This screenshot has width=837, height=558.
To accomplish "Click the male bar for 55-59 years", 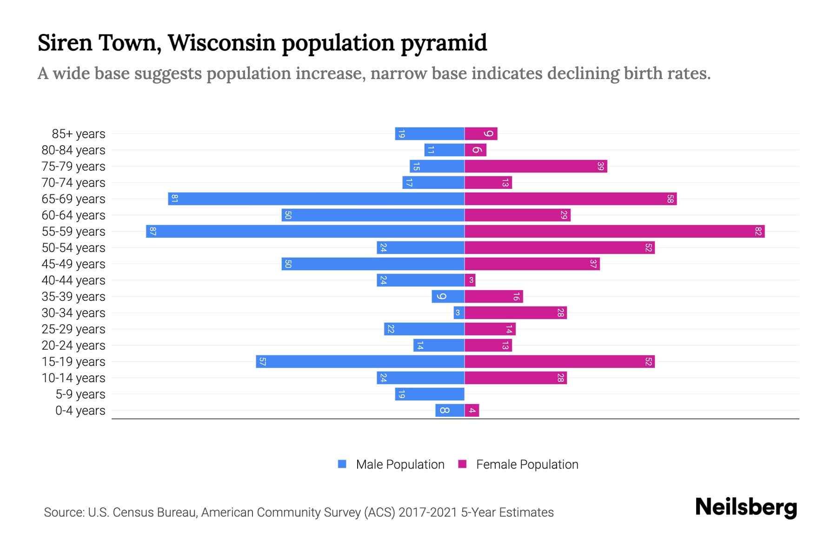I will pyautogui.click(x=305, y=231).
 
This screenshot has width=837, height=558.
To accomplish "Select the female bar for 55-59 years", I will pyautogui.click(x=614, y=231).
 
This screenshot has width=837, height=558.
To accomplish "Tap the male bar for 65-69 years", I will pyautogui.click(x=316, y=199).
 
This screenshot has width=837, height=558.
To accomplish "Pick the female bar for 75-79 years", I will pyautogui.click(x=536, y=166).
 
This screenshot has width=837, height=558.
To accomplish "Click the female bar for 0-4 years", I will pyautogui.click(x=472, y=410).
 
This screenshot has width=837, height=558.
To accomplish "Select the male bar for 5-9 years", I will pyautogui.click(x=430, y=394).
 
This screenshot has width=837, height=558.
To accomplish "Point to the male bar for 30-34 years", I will pyautogui.click(x=458, y=312).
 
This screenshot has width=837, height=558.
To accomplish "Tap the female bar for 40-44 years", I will pyautogui.click(x=470, y=280).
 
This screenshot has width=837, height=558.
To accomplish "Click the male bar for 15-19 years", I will pyautogui.click(x=360, y=361).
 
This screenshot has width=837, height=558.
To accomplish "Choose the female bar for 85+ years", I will pyautogui.click(x=481, y=133).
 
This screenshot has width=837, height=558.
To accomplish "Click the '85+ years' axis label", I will pyautogui.click(x=78, y=134).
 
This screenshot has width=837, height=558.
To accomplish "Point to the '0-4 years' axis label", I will pyautogui.click(x=80, y=411).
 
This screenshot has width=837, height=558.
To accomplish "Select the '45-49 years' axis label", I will pyautogui.click(x=73, y=264).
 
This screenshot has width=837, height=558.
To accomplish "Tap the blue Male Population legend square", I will pyautogui.click(x=342, y=464).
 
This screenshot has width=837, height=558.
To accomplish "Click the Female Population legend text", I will pyautogui.click(x=527, y=464).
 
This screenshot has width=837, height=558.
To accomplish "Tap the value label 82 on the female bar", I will pyautogui.click(x=758, y=231).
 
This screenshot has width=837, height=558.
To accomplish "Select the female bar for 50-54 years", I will pyautogui.click(x=559, y=247).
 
